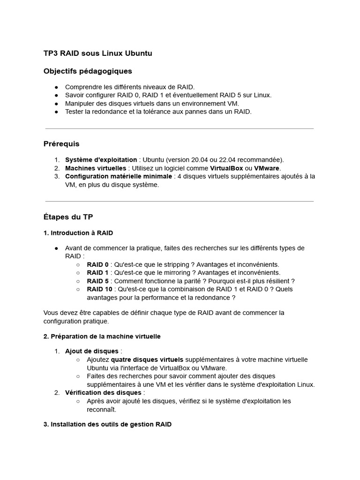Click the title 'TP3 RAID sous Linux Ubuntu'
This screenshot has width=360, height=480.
tap(97, 53)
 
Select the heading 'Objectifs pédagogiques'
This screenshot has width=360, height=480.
tap(88, 71)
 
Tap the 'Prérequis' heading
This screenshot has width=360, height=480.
tap(61, 144)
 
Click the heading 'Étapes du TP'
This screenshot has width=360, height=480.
tap(68, 217)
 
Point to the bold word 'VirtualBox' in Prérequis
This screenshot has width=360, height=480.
tap(226, 168)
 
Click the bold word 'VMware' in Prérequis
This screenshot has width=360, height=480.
tap(267, 168)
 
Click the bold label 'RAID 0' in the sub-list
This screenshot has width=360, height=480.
tap(97, 264)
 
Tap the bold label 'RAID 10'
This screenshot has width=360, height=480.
tap(99, 289)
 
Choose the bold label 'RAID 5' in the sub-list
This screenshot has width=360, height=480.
tap(97, 281)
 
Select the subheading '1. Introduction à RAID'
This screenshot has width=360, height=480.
tap(78, 233)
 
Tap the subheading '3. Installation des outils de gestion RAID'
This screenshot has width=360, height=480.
tap(107, 424)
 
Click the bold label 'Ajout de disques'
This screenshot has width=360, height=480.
tap(92, 351)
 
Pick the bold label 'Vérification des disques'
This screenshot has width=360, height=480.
tap(103, 392)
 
